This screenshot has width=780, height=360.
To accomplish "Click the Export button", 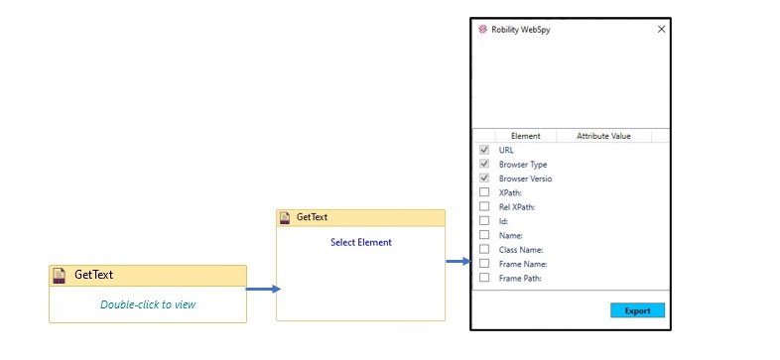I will pos(637,310).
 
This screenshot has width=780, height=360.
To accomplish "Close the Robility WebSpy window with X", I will pos(661,30).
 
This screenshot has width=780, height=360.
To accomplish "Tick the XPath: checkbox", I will pos(484,192).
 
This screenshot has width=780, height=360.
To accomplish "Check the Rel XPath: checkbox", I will pos(484,206).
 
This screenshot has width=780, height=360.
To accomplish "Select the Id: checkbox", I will pos(484,220).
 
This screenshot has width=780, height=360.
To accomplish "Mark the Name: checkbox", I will pos(484,235).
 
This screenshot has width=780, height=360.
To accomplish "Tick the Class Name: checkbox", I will pos(484,249).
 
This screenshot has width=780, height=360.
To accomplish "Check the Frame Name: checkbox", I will pos(484,264).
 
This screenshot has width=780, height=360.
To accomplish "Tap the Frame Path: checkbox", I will pos(484,278).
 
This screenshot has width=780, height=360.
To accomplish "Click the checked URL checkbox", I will pos(484,150).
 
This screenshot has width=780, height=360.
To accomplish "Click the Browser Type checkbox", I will pos(484,164).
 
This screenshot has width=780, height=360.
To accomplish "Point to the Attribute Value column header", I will pos(603,136).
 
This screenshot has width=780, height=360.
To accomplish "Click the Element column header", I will pos(525,136).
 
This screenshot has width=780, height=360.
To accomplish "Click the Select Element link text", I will pos(360,242).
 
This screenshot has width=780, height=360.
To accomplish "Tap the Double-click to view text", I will pos(148,304).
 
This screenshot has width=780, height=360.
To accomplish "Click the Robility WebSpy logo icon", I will pos(482,30).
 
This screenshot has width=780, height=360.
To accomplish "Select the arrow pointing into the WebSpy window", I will pos(457,262).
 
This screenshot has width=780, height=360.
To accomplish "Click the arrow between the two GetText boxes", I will pos(263,290).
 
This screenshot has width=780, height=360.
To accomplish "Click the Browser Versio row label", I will pos(525,179).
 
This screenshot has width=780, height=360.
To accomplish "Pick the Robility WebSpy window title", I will pos(522,30).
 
